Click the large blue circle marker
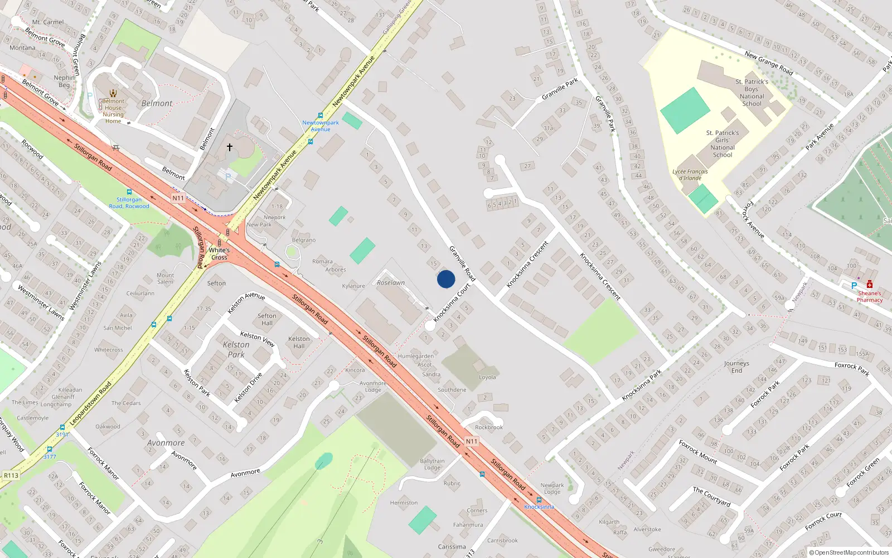446,279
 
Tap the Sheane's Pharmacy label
869,296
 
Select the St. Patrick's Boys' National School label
752,93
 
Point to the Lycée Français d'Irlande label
690,175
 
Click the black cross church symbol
229,147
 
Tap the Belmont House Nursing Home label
113,111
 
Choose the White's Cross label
219,254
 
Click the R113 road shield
11,475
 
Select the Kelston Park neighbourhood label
236,349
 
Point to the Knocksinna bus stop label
539,507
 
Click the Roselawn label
391,283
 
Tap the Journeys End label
736,367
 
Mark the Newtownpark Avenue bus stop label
321,126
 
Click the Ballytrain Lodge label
432,464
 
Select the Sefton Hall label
267,319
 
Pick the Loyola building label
487,377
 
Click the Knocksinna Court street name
452,302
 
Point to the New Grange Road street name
769,63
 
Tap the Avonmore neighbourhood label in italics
166,443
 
